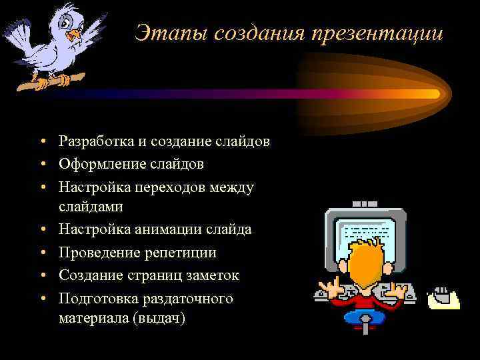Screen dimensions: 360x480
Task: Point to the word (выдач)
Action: coord(159,319)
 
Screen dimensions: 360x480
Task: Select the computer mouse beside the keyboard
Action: coord(441,295)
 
